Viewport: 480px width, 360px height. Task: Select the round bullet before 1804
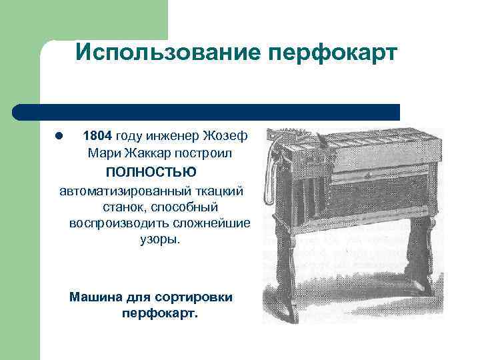pyautogui.click(x=59, y=136)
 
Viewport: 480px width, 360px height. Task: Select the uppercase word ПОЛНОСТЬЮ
pyautogui.click(x=151, y=172)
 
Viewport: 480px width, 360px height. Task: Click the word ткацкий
pyautogui.click(x=219, y=191)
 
